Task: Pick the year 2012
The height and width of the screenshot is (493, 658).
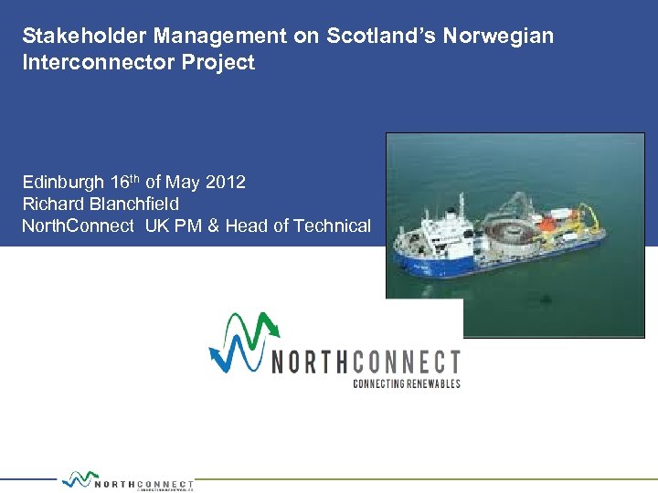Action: (226, 182)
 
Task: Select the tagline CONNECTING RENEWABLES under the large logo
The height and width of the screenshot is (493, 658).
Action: (406, 383)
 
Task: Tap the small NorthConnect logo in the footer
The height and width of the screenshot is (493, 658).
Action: (128, 481)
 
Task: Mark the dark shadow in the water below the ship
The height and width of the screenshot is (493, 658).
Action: (545, 296)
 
